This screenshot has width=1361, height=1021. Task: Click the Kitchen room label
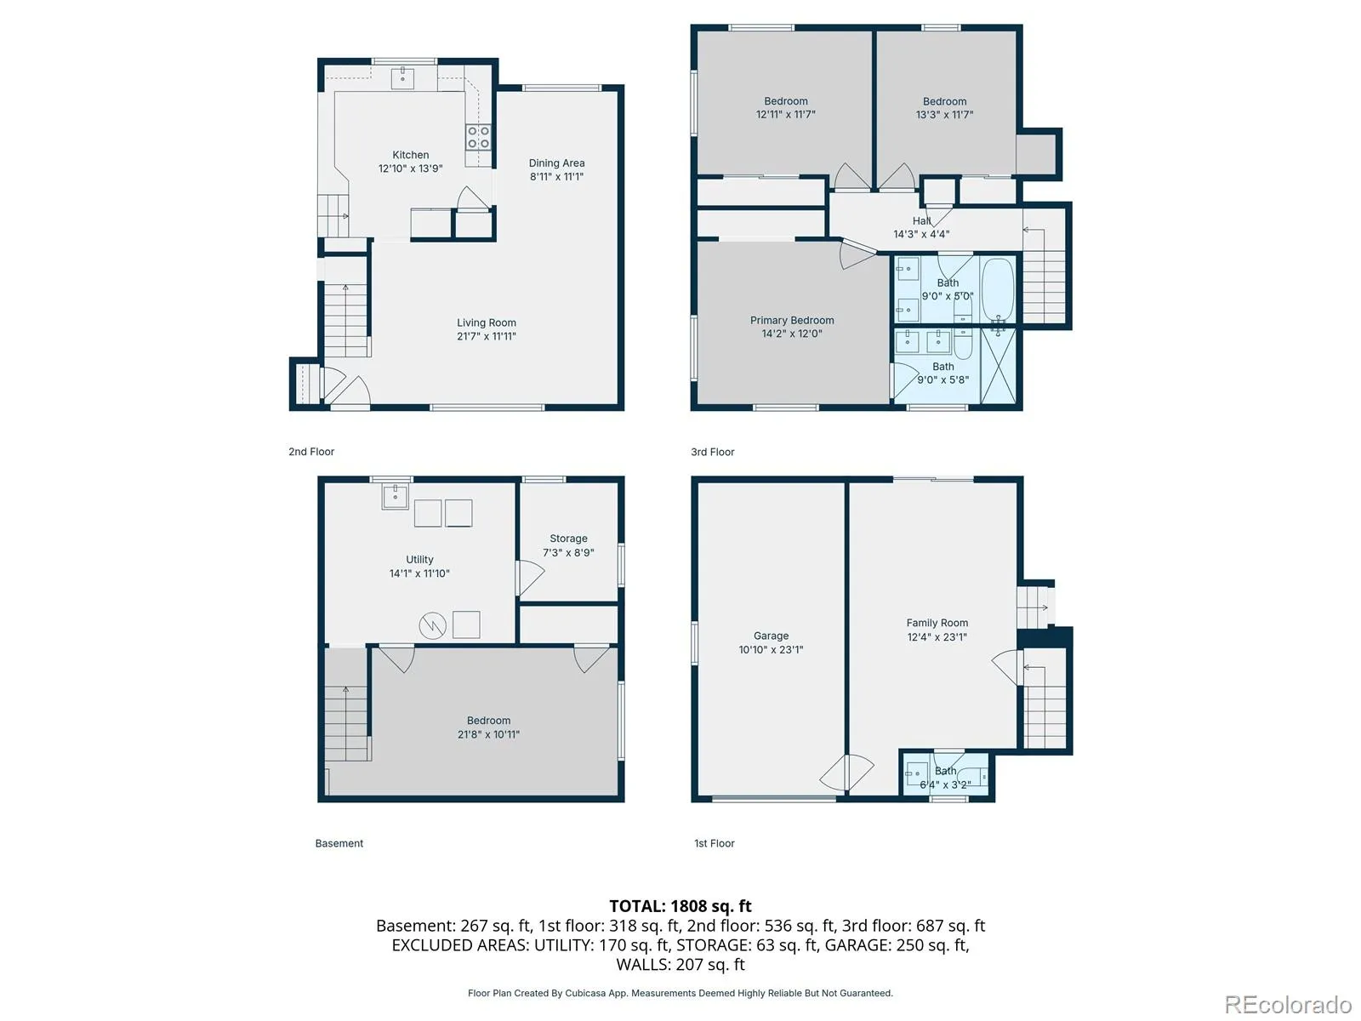pos(410,155)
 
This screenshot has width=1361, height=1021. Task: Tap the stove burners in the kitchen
pos(478,137)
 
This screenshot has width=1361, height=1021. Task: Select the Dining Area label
pos(556,163)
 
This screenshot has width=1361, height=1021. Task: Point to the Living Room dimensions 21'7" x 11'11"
pos(486,336)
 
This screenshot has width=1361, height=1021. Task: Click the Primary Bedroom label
pos(792,321)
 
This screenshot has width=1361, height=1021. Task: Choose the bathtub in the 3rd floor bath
pos(998,289)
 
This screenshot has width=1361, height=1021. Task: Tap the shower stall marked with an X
pos(999,365)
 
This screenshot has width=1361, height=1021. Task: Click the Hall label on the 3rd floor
pos(921,220)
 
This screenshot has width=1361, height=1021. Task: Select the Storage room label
pos(568,539)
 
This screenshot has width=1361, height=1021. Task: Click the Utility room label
pos(419,559)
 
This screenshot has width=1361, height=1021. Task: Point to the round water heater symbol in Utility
pos(432,625)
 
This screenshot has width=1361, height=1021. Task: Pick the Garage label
pos(771,636)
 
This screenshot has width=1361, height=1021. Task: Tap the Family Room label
pos(937,623)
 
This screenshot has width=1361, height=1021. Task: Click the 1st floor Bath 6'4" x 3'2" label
pos(945,778)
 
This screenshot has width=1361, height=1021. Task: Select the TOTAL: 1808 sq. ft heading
pos(680,906)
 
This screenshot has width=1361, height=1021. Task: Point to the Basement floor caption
pos(339,843)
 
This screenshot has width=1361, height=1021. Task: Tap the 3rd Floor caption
pos(713,452)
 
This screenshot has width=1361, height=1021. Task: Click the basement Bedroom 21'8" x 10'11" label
pos(488,727)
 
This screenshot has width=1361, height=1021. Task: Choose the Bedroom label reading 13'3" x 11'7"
pos(944,108)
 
